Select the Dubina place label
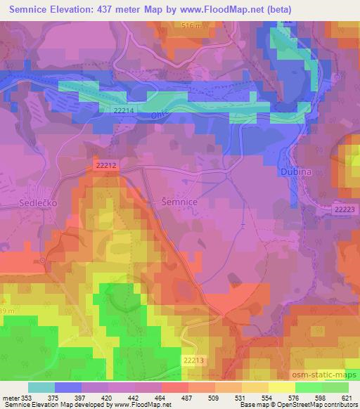point(290,170)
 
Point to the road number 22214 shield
point(123,111)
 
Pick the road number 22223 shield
point(345,209)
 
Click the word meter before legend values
point(11,397)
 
